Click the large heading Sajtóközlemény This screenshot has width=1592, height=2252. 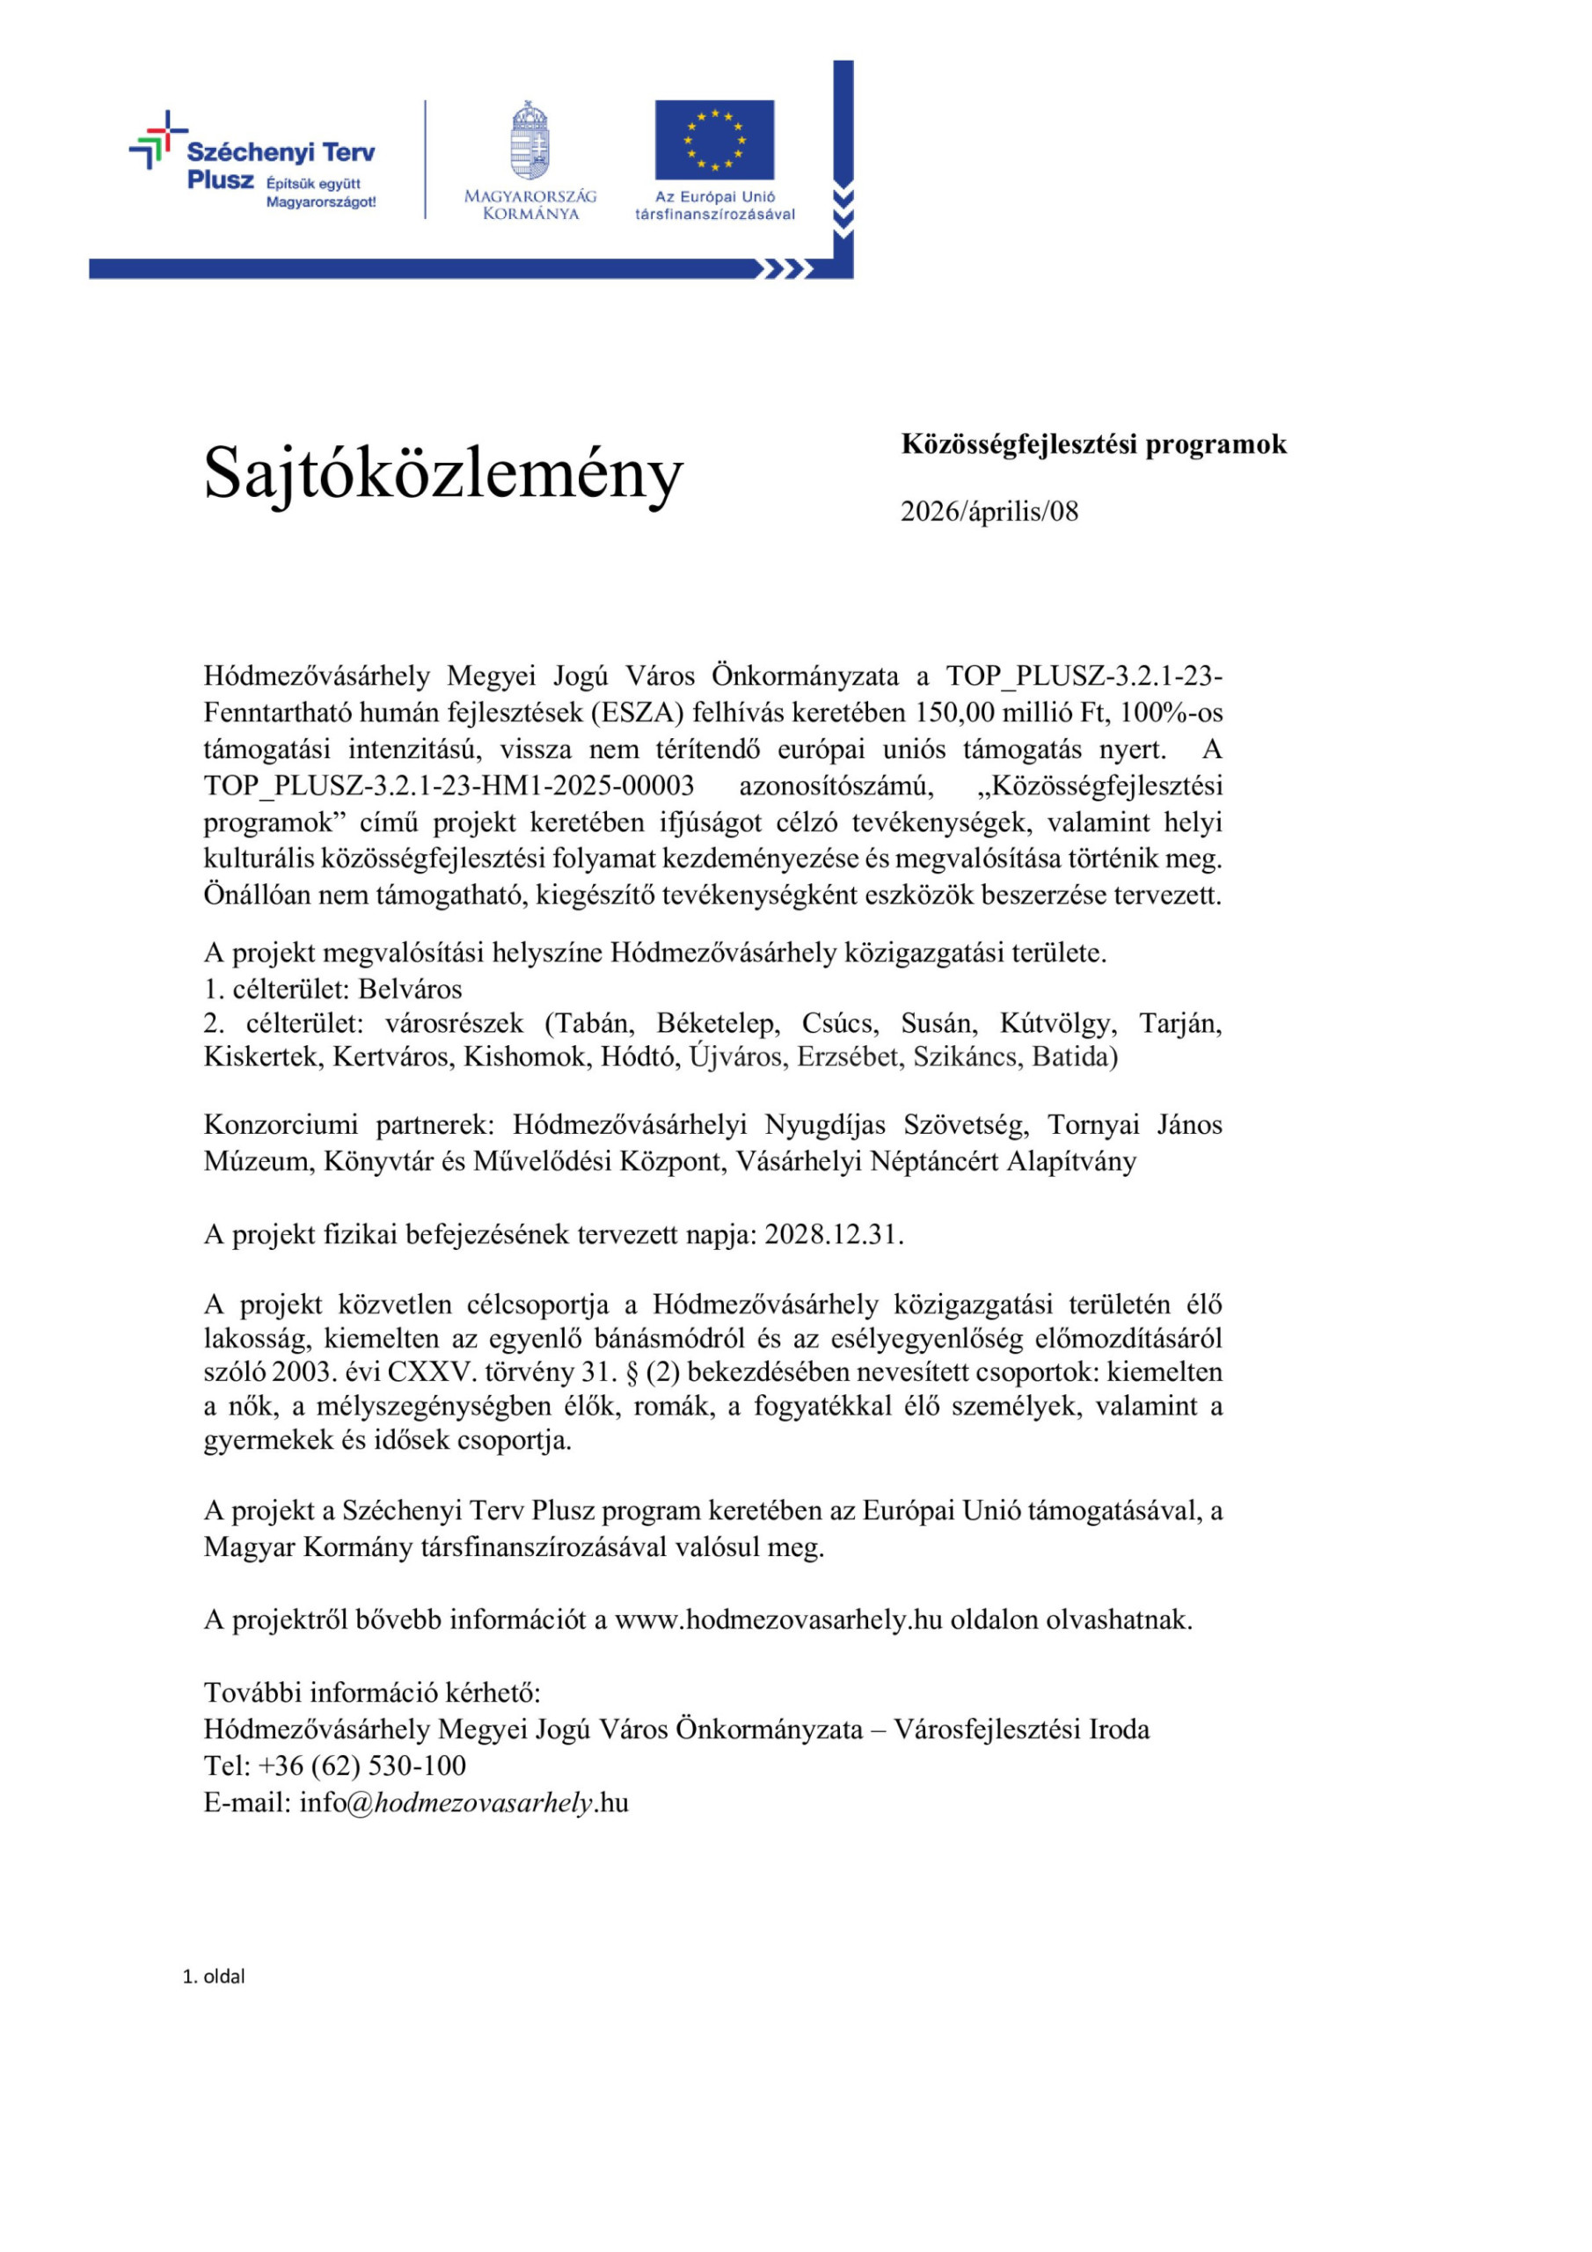coord(442,474)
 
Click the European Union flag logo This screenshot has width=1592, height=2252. coord(714,139)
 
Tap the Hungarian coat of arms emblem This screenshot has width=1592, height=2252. coord(529,140)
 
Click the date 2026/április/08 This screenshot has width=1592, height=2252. coord(989,511)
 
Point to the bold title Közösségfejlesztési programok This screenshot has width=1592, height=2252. coord(1092,444)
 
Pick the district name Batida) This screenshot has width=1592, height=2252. coord(1074,1057)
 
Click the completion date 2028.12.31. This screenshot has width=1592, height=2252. coord(833,1234)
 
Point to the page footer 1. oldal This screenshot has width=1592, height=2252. coord(214,1977)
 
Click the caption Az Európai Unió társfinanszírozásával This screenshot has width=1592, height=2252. coord(714,205)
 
